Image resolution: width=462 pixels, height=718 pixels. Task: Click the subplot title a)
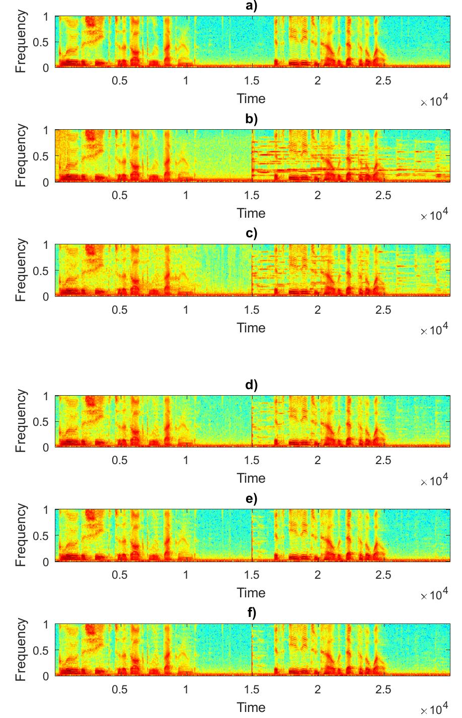(x=251, y=6)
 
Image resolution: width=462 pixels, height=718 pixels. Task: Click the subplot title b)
(x=251, y=119)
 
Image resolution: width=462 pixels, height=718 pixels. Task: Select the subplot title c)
(x=251, y=233)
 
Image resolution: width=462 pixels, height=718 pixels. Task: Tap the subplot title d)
(x=251, y=385)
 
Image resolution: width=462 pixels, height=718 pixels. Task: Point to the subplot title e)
(x=251, y=499)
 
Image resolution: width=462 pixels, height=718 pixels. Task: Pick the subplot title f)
(x=251, y=613)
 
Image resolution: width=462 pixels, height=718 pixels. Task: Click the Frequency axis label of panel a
(x=20, y=42)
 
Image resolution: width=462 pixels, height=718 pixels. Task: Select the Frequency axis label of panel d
(x=20, y=421)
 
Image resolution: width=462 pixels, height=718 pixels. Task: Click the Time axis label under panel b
(x=251, y=213)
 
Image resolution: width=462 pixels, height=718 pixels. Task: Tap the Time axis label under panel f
(x=251, y=707)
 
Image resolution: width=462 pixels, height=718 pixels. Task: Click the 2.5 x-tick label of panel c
(x=383, y=310)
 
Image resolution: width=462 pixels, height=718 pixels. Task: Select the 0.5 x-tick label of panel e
(x=120, y=575)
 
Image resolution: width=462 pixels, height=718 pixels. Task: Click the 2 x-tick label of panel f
(x=318, y=689)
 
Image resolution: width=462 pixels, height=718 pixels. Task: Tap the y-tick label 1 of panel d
(x=46, y=396)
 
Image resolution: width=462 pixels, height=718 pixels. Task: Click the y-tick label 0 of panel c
(x=46, y=297)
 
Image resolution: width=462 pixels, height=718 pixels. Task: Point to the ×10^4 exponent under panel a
(x=434, y=102)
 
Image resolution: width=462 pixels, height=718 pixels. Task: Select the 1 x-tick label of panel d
(x=186, y=460)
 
